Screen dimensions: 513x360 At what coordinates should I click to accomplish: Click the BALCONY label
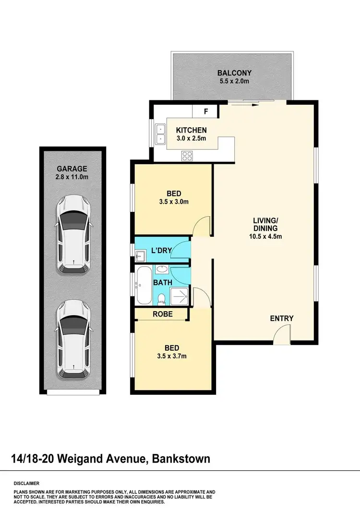click(234, 73)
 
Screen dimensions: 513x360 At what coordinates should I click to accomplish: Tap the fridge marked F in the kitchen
click(206, 111)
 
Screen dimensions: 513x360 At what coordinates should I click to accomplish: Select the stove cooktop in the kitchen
click(187, 155)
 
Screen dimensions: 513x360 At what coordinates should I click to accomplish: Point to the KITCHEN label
click(191, 130)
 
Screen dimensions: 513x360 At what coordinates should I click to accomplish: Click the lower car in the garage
click(73, 340)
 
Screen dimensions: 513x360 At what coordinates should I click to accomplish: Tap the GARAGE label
click(72, 169)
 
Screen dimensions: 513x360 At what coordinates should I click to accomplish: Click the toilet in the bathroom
click(162, 298)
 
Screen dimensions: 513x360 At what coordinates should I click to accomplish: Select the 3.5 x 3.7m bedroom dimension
click(172, 356)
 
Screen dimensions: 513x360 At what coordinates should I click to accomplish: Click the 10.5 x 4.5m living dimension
click(265, 236)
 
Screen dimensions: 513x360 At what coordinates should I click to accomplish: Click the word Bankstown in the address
click(181, 459)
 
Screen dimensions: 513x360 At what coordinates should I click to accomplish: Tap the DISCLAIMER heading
click(26, 483)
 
